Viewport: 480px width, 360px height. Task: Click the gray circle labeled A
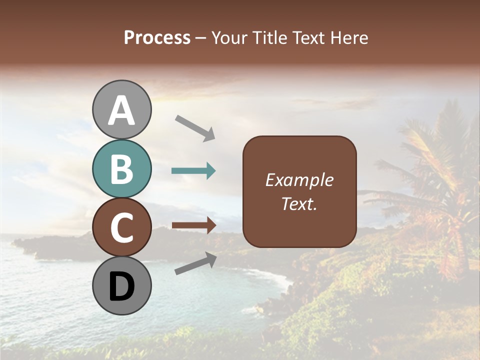click(x=122, y=109)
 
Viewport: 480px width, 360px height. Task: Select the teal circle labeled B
click(x=122, y=168)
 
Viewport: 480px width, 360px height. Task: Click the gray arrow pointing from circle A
click(x=195, y=128)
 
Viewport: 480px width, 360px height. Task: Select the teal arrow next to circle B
click(x=193, y=171)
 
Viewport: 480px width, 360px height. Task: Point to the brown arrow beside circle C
click(x=193, y=225)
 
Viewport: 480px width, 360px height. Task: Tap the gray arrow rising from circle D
click(x=195, y=263)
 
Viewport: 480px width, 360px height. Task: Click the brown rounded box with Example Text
click(x=299, y=191)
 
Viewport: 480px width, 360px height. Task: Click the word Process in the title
click(x=157, y=37)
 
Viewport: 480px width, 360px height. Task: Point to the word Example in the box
click(x=299, y=180)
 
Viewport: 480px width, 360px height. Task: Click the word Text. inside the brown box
click(x=299, y=203)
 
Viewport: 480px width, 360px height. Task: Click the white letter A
click(x=122, y=110)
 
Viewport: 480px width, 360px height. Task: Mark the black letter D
click(x=122, y=286)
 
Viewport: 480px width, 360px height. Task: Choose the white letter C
click(x=122, y=228)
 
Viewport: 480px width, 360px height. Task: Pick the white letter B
click(x=122, y=169)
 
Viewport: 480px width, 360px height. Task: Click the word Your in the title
click(x=227, y=37)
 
